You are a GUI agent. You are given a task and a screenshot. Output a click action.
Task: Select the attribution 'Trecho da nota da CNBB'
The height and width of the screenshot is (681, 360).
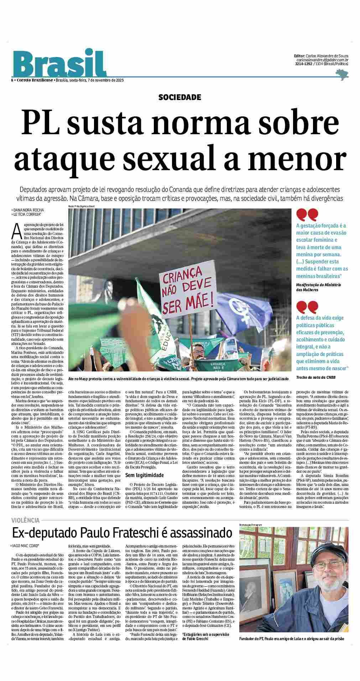[316, 377]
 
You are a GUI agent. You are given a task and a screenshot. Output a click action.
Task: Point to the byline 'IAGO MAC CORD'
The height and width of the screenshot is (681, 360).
[25, 545]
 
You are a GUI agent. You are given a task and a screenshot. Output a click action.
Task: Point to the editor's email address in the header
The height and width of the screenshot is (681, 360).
[322, 60]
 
